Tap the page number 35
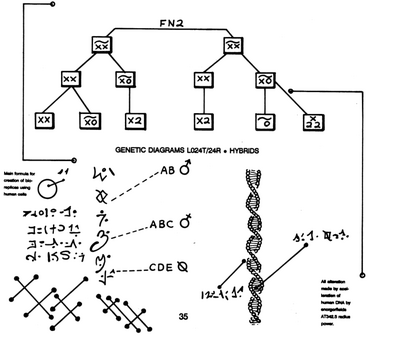pyautogui.click(x=183, y=317)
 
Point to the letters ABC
pyautogui.click(x=160, y=225)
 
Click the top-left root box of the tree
pyautogui.click(x=100, y=44)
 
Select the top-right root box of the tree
pyautogui.click(x=233, y=44)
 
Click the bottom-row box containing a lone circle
pyautogui.click(x=265, y=120)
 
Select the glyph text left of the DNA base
pyautogui.click(x=218, y=292)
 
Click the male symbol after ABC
pyautogui.click(x=187, y=225)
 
